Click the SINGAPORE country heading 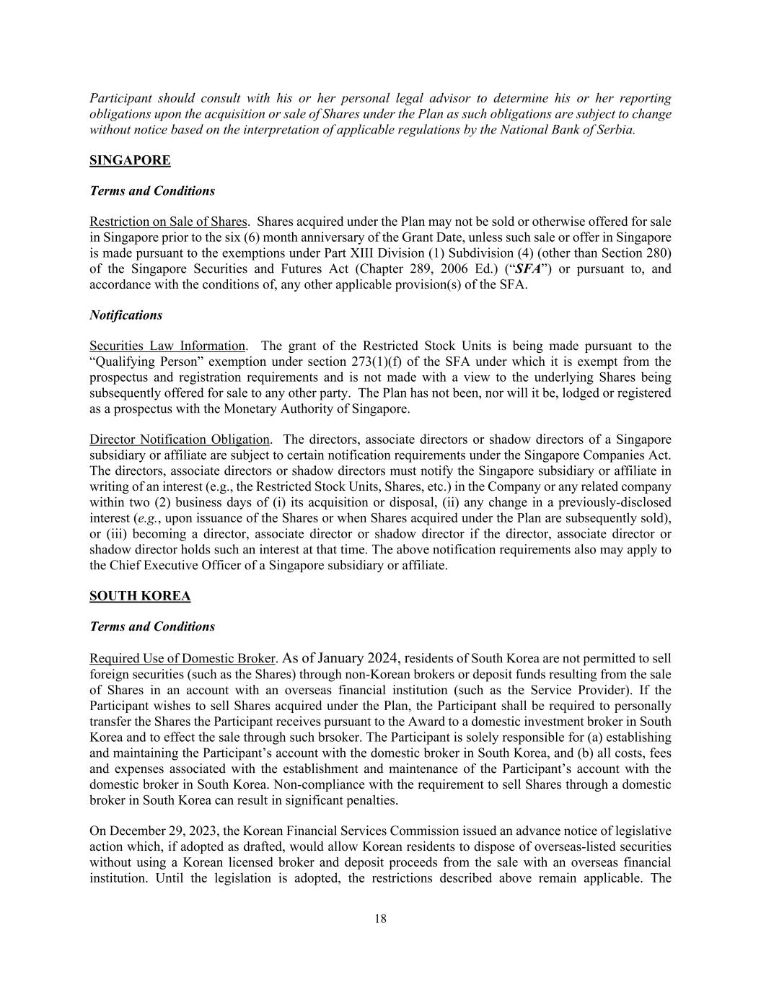(130, 160)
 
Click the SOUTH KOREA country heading (140, 596)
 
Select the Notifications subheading (126, 315)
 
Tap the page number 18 (380, 919)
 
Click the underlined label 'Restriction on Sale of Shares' (168, 222)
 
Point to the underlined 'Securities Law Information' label (167, 346)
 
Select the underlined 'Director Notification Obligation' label (180, 439)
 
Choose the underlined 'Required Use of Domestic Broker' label (182, 659)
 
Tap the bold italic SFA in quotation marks (527, 269)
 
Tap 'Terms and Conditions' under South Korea (152, 626)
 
